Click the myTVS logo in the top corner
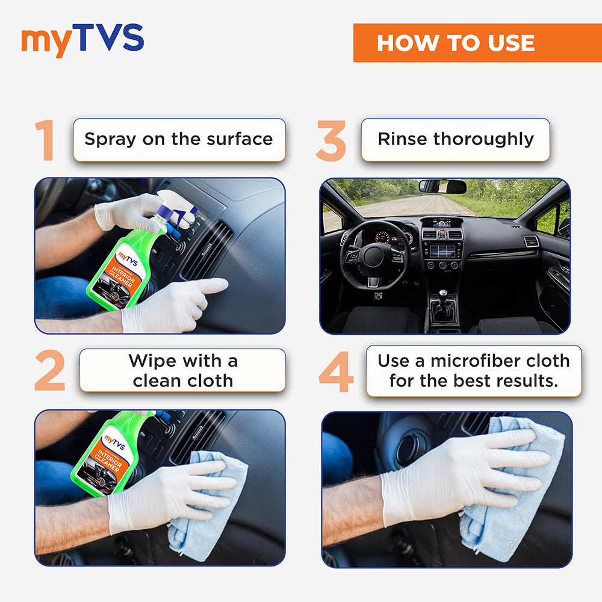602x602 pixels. point(82,41)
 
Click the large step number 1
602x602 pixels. point(45,140)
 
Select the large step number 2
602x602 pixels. point(49,370)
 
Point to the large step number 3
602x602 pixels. point(330,141)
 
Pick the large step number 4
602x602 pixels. point(336,371)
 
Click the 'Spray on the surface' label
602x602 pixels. point(179,140)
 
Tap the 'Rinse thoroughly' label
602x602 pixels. point(455,140)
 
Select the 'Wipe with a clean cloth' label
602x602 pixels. point(182,370)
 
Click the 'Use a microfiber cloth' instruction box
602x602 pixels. point(473,370)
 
